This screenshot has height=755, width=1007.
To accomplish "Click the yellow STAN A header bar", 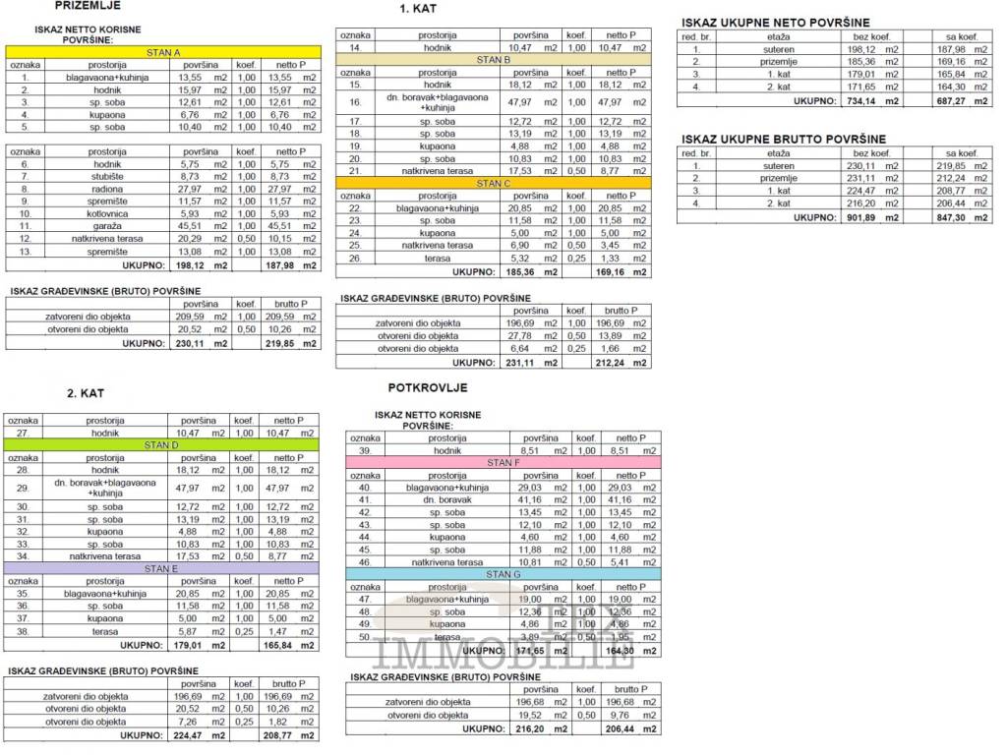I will (163, 51).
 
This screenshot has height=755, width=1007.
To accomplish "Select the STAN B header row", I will (494, 59).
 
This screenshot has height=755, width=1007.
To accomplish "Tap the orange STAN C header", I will (494, 183).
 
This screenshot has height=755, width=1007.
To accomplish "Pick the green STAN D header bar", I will (162, 444).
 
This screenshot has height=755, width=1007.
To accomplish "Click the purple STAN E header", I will (162, 568).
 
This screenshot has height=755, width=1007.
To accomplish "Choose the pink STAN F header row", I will (503, 462).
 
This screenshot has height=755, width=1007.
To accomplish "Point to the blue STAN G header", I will (503, 574).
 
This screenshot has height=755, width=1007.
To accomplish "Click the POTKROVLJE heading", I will (428, 388).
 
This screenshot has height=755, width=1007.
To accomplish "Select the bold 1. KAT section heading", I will (418, 9).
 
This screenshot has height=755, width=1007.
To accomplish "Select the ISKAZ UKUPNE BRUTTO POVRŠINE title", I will (784, 140).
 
